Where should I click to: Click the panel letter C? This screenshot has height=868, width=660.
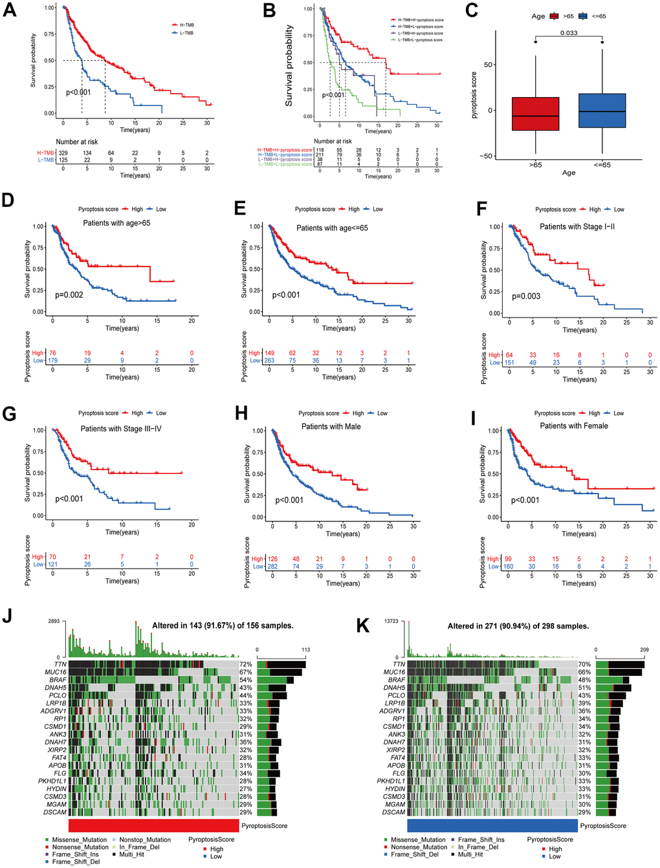(472, 10)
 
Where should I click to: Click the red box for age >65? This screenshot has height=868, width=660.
(536, 114)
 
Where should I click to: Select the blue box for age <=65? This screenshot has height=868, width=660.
(602, 111)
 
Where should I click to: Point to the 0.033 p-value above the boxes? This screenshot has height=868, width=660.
(569, 33)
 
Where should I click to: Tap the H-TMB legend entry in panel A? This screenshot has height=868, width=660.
(186, 25)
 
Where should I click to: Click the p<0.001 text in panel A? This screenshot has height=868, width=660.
(78, 92)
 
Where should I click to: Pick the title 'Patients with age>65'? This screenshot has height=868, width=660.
(116, 223)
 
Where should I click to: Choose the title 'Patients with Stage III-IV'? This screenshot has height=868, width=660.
(121, 429)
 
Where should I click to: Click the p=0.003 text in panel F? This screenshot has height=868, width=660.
(526, 296)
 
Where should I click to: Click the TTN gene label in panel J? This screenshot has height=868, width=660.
(60, 664)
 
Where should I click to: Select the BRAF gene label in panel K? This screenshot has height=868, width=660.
(397, 680)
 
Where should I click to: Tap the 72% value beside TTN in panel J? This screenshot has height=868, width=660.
(246, 664)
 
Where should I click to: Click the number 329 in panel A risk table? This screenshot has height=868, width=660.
(63, 153)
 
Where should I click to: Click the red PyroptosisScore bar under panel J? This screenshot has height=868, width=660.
(153, 826)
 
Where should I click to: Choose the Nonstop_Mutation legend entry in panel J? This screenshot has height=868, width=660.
(145, 840)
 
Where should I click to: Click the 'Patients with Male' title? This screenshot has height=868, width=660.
(331, 427)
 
